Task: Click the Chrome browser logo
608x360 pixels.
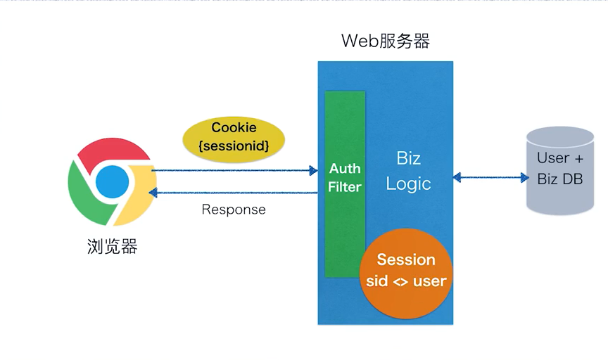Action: point(112,182)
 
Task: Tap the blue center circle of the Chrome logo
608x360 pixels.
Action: point(113,182)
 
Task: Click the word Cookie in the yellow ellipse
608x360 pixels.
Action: point(234,128)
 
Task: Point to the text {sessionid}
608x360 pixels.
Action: point(234,146)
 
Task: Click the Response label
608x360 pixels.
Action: point(234,210)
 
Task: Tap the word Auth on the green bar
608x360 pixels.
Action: point(345,169)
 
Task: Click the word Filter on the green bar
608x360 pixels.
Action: point(345,187)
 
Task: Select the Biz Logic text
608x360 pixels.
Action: point(408,171)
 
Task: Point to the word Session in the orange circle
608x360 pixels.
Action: point(406,260)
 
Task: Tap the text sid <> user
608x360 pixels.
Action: point(406,281)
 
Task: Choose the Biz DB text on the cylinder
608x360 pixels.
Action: point(560,179)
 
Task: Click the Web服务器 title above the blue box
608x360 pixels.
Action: point(386,41)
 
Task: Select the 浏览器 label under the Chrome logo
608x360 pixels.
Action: point(112,246)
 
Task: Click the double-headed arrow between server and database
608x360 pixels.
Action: point(490,178)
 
